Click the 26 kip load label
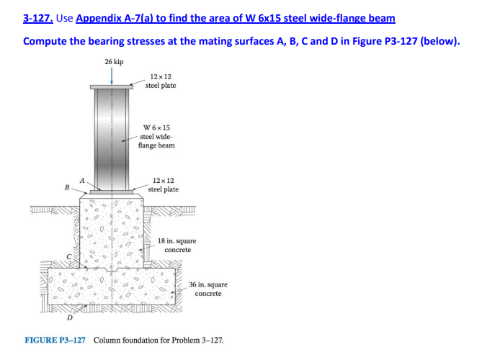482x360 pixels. [x=113, y=62]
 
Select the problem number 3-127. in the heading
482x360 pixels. [x=37, y=17]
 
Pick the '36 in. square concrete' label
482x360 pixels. [x=208, y=289]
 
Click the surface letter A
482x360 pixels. [x=83, y=180]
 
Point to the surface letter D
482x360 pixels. [x=70, y=318]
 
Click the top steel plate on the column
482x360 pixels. [x=111, y=86]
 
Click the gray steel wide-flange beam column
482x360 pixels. [x=111, y=137]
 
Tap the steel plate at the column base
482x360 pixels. [x=111, y=192]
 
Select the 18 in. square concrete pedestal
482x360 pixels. [x=111, y=230]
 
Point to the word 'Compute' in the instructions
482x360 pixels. [x=45, y=40]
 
